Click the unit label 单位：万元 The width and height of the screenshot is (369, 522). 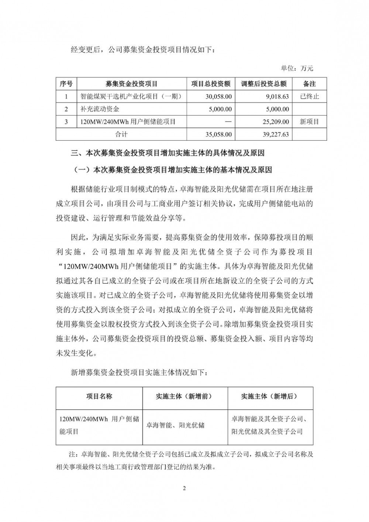[x=297, y=68]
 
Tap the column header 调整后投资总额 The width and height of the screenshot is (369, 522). [x=263, y=84]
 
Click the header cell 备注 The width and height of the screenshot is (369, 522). [x=309, y=84]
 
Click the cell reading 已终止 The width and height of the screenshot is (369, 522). [x=309, y=97]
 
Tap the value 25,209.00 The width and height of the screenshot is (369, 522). [x=274, y=121]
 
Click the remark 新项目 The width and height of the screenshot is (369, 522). [x=309, y=121]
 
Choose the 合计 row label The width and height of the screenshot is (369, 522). [x=121, y=134]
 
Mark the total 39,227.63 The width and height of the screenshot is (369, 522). [x=274, y=134]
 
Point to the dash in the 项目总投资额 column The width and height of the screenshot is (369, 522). [x=228, y=121]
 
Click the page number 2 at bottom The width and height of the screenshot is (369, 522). [x=184, y=489]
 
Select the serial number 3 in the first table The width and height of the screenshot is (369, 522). [x=66, y=121]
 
